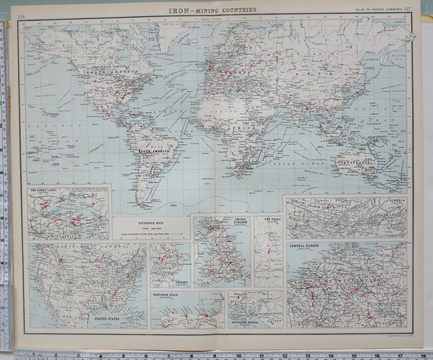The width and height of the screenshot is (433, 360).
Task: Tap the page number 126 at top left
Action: (x=22, y=17)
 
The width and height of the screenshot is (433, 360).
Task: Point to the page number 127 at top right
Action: (x=407, y=9)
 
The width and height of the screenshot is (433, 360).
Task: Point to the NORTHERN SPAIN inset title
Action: (x=166, y=295)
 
